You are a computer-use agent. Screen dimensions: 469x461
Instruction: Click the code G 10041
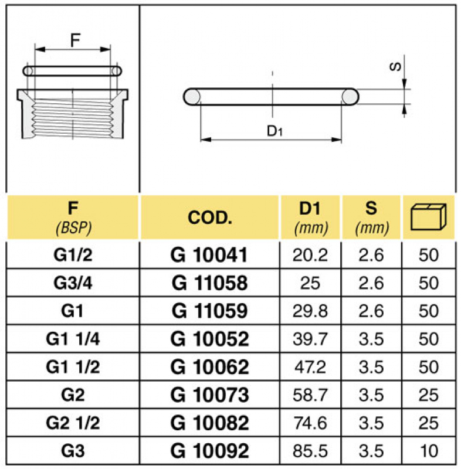[209, 254]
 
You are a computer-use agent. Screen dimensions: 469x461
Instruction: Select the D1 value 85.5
[310, 451]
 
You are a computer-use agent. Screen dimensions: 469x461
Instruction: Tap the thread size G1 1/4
[72, 338]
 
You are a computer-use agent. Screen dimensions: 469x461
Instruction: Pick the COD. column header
[210, 217]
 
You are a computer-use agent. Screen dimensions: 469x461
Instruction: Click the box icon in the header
[429, 217]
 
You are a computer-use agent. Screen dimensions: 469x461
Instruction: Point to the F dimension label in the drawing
[74, 40]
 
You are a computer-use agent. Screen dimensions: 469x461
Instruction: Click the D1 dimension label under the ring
[275, 131]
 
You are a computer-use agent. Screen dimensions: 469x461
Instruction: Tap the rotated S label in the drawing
[397, 66]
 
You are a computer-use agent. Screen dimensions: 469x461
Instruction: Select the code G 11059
[209, 311]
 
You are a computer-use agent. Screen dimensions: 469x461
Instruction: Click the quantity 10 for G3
[429, 451]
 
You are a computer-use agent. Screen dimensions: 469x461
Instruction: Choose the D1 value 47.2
[310, 367]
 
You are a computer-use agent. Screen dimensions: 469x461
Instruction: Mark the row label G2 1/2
[72, 423]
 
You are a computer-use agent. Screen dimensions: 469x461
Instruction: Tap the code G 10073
[209, 395]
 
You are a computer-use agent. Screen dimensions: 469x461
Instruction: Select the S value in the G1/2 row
[371, 254]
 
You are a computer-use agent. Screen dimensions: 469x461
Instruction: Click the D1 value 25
[310, 283]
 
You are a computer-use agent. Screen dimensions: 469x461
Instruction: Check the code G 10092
[209, 451]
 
